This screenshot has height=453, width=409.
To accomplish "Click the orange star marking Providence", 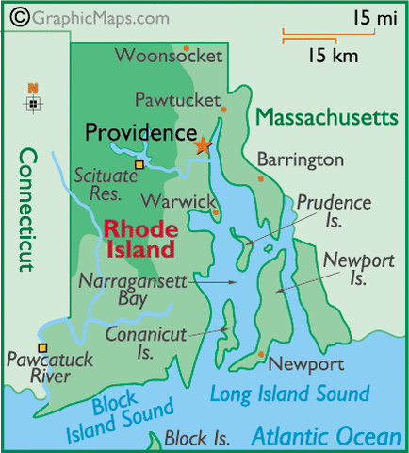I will point(202,145).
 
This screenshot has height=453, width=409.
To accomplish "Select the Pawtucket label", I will point(175,98).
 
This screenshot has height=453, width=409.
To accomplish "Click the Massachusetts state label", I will point(327,117).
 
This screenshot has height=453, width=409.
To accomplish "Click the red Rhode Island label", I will point(139,239).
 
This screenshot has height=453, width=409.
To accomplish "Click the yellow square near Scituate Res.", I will point(139,165).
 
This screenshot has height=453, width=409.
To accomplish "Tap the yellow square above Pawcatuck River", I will point(42,347).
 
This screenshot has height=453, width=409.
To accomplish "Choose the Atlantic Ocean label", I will point(325,436).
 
